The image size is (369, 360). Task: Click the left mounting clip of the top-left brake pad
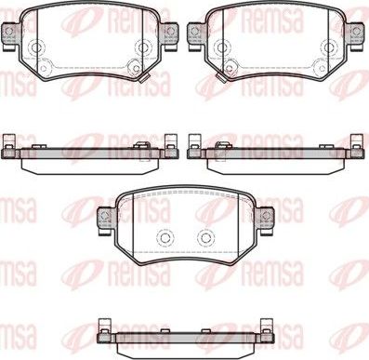tap(12, 33)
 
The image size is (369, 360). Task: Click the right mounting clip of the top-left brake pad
tap(168, 33)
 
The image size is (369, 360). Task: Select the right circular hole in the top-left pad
tap(142, 49)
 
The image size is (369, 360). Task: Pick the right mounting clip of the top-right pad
tap(355, 33)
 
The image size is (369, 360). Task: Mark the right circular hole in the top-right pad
tap(330, 49)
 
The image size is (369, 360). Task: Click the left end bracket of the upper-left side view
tap(10, 143)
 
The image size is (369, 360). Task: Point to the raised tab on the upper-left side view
tap(140, 144)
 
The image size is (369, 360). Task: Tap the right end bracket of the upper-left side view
tap(170, 143)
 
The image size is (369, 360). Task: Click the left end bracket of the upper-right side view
tap(195, 143)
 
